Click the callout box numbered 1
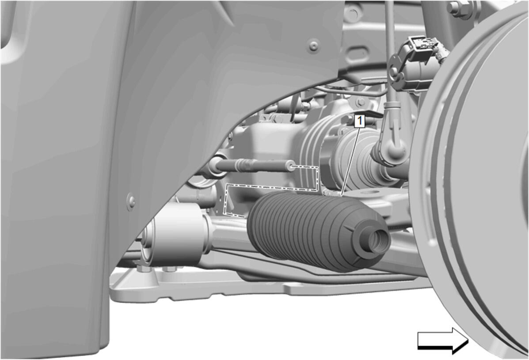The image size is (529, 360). click(x=360, y=121)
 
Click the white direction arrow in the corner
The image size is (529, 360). click(x=443, y=341)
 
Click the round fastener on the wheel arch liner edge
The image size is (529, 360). click(x=132, y=201)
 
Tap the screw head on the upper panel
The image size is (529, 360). click(x=314, y=45)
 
